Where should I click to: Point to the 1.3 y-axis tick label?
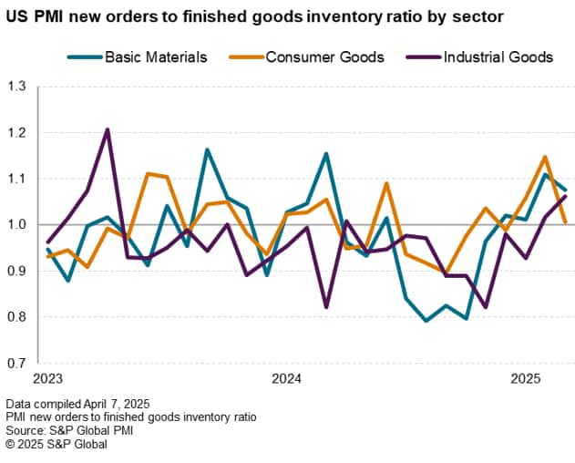click(x=17, y=87)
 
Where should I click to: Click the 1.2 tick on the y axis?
click(x=17, y=133)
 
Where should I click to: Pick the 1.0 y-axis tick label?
click(x=17, y=225)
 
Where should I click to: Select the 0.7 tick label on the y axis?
click(x=17, y=363)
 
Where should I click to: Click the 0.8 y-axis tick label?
click(x=17, y=317)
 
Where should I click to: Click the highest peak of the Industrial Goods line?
click(x=107, y=129)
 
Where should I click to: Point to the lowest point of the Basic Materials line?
click(x=426, y=321)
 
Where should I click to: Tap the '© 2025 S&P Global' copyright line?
click(x=56, y=444)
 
